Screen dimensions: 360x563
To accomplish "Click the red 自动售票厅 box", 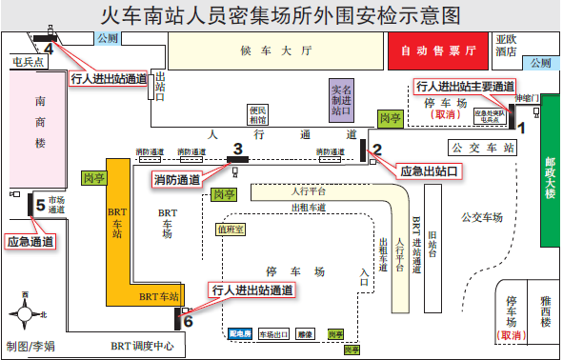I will click(438, 50).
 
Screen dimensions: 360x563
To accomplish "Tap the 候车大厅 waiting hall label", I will click(276, 51).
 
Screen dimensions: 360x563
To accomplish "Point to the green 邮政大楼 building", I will click(548, 176).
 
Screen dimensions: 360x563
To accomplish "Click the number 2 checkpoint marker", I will click(377, 148).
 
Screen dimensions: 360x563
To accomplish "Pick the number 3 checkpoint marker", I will click(238, 148).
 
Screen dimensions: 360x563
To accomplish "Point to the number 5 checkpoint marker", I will click(40, 204).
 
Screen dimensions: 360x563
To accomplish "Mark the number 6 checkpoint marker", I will click(188, 321).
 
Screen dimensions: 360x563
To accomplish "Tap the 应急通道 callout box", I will click(30, 241).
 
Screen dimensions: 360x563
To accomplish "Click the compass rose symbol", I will click(26, 311).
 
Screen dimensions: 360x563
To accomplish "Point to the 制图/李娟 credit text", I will click(30, 347).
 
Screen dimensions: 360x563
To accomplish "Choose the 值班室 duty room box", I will click(231, 229).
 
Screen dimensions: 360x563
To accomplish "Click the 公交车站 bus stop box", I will click(483, 148).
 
